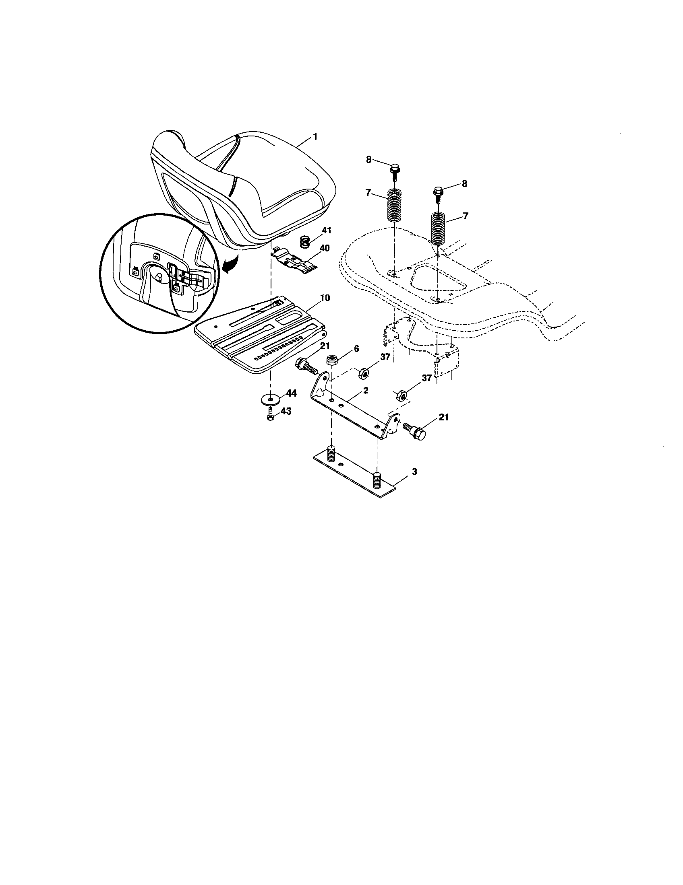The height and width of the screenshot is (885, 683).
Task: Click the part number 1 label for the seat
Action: (x=315, y=137)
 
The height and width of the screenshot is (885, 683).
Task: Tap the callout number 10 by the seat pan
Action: (x=325, y=298)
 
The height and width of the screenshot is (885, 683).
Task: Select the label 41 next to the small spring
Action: (x=327, y=231)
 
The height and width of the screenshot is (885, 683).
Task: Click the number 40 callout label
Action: (x=325, y=247)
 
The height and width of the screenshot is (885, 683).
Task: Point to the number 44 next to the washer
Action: (x=291, y=393)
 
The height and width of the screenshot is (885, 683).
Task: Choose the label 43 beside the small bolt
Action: (x=286, y=411)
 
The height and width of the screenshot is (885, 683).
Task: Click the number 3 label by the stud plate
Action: (x=414, y=472)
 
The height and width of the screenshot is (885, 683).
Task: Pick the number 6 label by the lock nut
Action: (x=356, y=348)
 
